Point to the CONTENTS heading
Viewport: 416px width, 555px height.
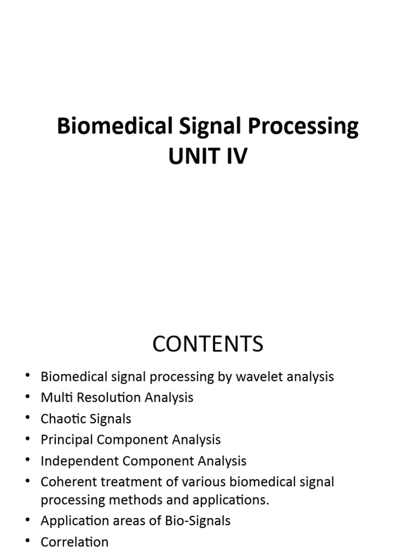(207, 344)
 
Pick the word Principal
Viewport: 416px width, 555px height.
(65, 440)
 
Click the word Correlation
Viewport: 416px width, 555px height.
(75, 542)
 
